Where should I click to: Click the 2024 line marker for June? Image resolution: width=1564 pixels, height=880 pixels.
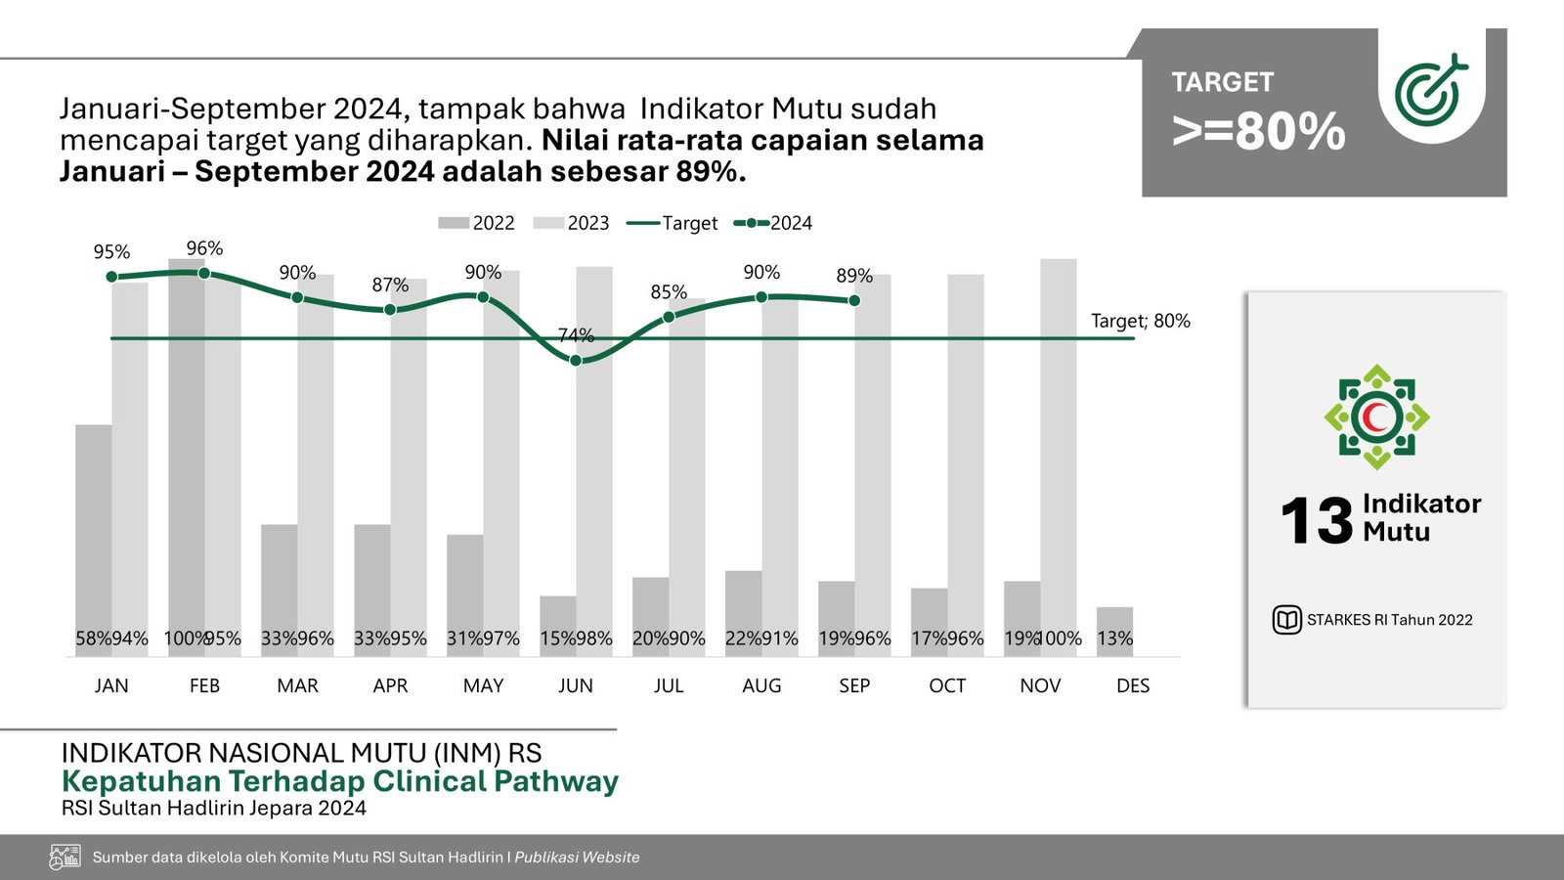pos(576,361)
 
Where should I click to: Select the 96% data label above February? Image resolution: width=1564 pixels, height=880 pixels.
pos(204,248)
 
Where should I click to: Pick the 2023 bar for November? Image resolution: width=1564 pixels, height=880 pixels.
pos(1059,450)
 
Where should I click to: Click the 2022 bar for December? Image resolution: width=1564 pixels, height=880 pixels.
pos(1114,631)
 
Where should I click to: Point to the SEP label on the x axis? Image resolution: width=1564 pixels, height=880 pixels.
pos(854,686)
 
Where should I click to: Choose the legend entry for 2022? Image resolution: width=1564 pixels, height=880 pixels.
pos(477,223)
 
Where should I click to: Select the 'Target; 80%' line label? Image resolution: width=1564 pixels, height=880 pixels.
pos(1140,321)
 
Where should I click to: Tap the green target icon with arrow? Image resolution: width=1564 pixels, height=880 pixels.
pos(1430,90)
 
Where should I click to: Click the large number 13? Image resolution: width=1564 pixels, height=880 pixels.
pos(1316,520)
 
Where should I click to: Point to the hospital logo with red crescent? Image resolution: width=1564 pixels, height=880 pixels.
pos(1376,418)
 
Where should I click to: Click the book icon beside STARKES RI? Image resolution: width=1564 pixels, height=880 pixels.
pos(1286,620)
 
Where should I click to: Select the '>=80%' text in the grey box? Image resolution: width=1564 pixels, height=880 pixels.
pos(1259,132)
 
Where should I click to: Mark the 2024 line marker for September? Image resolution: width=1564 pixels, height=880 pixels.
pos(854,300)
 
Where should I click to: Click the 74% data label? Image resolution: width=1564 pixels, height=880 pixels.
pos(576,335)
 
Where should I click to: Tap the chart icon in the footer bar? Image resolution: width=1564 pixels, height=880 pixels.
pos(65,858)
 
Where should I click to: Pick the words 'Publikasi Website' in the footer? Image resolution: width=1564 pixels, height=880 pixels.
pos(577,858)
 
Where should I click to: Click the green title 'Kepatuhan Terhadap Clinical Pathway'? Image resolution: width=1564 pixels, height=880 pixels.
pos(339,781)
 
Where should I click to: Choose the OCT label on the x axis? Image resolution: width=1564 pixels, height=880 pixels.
pos(947,686)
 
